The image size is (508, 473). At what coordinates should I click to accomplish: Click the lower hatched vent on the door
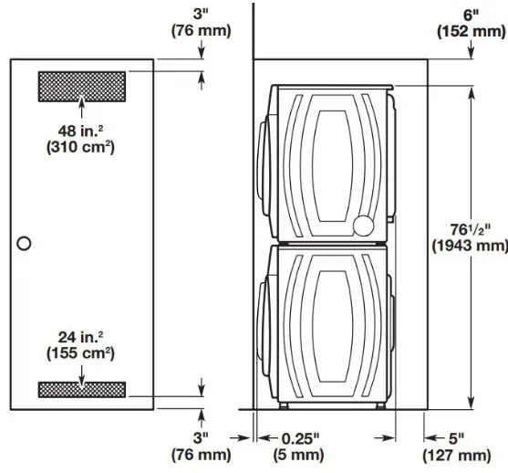click(81, 390)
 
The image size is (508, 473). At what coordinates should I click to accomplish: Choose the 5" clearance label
click(457, 436)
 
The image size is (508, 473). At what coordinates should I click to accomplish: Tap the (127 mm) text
click(457, 454)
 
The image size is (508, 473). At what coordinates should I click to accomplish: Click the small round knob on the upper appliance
click(363, 225)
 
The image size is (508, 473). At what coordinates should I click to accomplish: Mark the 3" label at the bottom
click(201, 436)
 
